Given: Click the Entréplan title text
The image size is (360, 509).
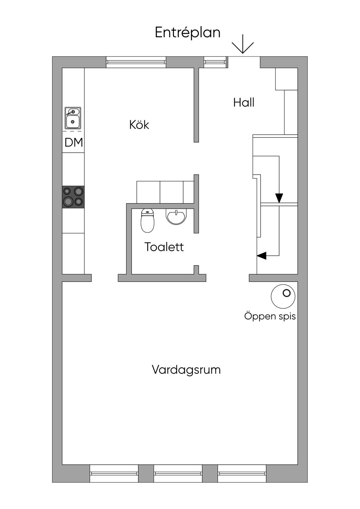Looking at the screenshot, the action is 187,33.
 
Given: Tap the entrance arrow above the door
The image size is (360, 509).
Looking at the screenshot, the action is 243,44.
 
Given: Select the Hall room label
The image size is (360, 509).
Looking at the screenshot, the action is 244,103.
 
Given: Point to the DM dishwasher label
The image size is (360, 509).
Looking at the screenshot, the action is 73,142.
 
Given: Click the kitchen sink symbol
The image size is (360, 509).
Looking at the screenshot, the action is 73,118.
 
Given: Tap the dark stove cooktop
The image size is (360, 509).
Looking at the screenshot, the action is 73,197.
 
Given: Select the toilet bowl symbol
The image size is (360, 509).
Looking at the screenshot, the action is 148,221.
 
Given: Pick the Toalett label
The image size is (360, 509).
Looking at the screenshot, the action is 164,247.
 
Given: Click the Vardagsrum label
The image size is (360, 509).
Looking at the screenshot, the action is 186,370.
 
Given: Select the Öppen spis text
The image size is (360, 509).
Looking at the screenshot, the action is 270,316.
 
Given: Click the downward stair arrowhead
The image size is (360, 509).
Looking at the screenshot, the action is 279,198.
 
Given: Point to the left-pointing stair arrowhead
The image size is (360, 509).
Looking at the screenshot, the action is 261,256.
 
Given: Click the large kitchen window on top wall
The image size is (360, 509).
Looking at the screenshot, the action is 136,62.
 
